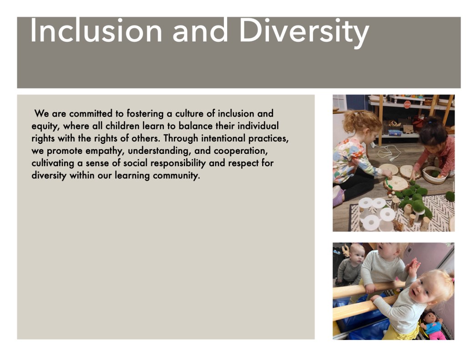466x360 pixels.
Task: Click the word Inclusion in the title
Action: pyautogui.click(x=96, y=30)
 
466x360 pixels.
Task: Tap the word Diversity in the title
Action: pyautogui.click(x=304, y=33)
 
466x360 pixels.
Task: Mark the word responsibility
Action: pyautogui.click(x=178, y=163)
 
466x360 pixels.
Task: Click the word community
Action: pyautogui.click(x=176, y=176)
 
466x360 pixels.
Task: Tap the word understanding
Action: pyautogui.click(x=159, y=151)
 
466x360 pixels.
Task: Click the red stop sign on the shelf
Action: pyautogui.click(x=407, y=104)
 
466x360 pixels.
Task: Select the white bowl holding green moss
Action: pyautogui.click(x=433, y=175)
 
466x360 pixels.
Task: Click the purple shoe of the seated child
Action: pyautogui.click(x=338, y=196)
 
